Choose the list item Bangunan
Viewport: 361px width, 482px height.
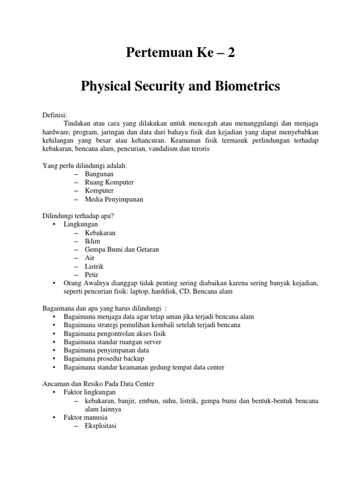tap(99, 174)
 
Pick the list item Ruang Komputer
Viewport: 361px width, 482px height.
tap(110, 182)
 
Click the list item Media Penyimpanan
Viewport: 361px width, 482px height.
tap(114, 199)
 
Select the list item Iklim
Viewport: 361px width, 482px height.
tap(93, 241)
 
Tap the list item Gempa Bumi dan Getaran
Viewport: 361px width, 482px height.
tap(122, 249)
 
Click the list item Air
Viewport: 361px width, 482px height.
tap(90, 258)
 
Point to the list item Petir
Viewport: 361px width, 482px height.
tap(92, 275)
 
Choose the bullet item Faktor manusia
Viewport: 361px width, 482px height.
tap(86, 418)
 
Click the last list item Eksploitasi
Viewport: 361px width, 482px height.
tap(101, 426)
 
